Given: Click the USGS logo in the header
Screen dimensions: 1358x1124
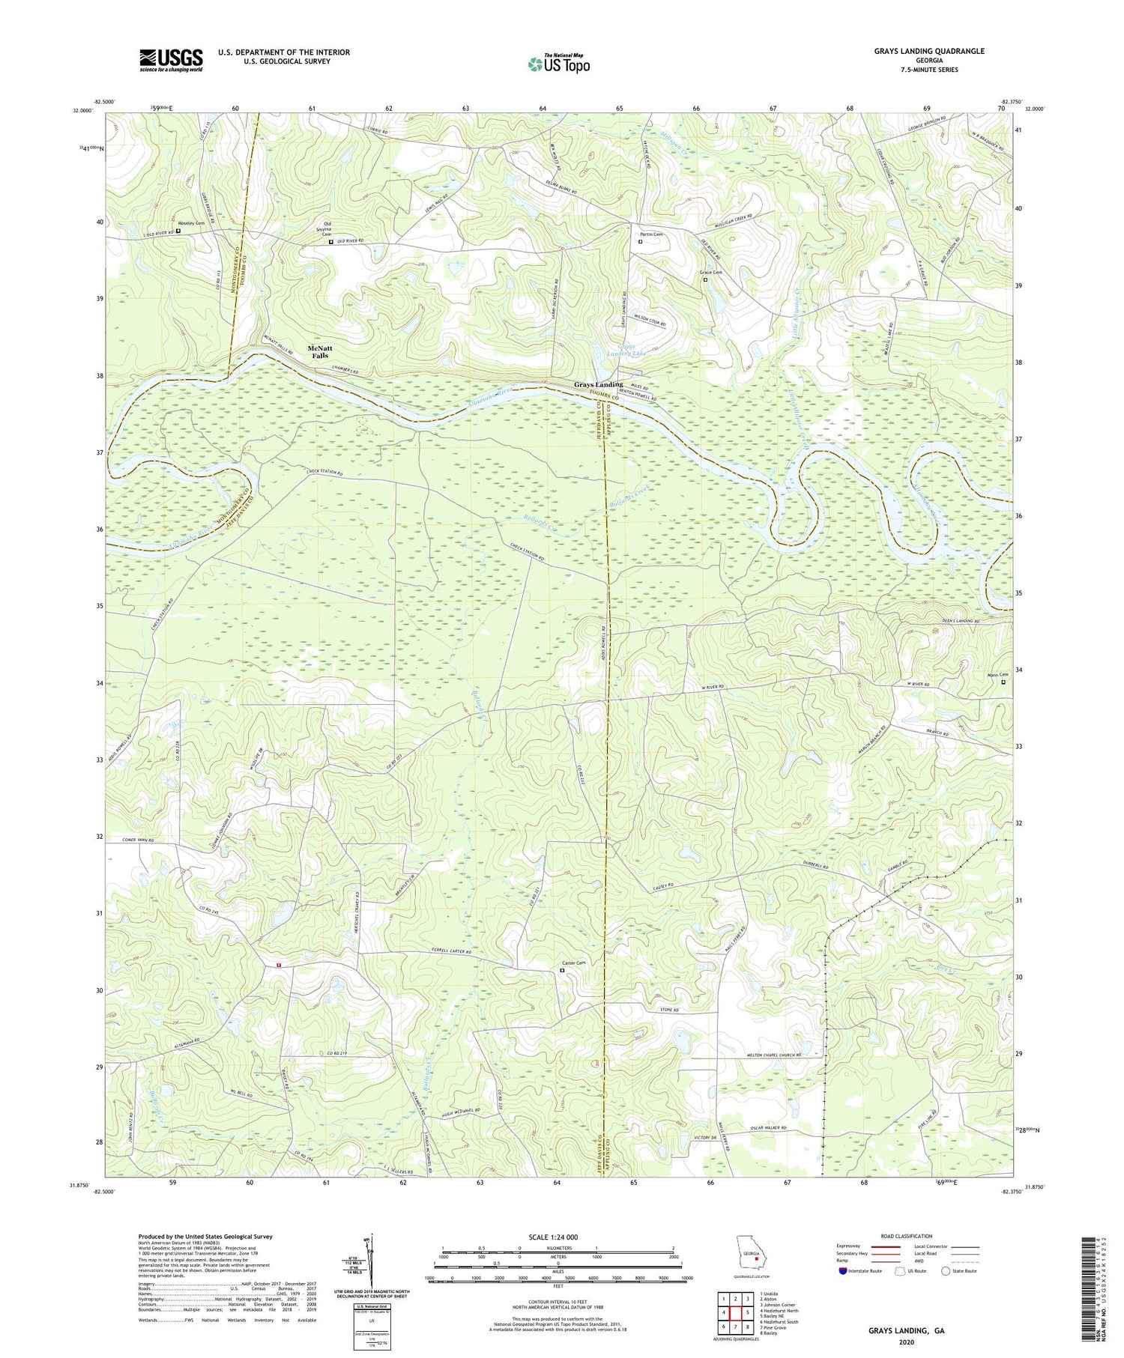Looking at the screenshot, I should coord(171,59).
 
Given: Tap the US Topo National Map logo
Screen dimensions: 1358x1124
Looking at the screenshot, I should coord(558,63).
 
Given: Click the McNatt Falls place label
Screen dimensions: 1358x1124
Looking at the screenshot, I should coord(320,351).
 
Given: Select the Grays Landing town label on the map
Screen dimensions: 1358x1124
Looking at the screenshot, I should coord(598,385).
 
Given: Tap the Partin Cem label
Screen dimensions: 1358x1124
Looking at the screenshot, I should coord(650,234).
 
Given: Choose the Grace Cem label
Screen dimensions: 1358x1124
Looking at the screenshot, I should coord(710,273).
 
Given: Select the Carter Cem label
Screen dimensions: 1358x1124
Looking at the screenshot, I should coord(573,963).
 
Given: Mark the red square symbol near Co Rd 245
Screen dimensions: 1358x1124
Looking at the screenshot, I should coord(279,965).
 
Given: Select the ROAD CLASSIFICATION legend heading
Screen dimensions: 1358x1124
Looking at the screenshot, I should coord(907,1236).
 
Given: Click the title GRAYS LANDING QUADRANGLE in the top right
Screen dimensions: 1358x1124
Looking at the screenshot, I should coord(928,51).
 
